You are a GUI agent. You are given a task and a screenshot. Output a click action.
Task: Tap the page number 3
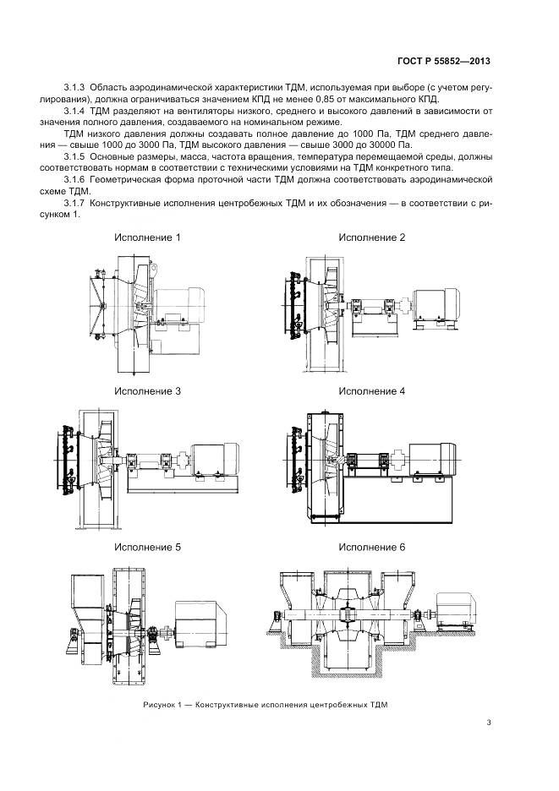click(489, 722)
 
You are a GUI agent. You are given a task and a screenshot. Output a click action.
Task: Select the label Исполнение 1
click(147, 237)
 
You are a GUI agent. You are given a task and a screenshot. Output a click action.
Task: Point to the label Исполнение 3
click(147, 391)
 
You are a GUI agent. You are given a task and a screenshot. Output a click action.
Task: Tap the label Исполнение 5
click(147, 547)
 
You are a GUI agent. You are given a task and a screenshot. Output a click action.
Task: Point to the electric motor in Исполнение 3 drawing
click(216, 461)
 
